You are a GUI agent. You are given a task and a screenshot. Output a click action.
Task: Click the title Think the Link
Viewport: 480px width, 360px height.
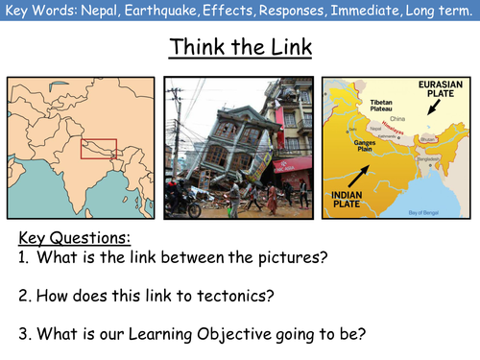click(x=239, y=47)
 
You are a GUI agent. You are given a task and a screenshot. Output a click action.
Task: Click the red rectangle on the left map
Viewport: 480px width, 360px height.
click(x=98, y=151)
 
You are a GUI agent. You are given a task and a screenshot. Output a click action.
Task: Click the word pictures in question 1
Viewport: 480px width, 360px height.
click(x=317, y=256)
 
